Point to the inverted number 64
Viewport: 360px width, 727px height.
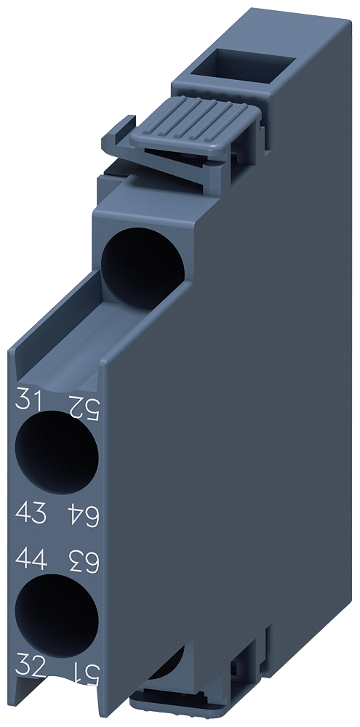[82, 515]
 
